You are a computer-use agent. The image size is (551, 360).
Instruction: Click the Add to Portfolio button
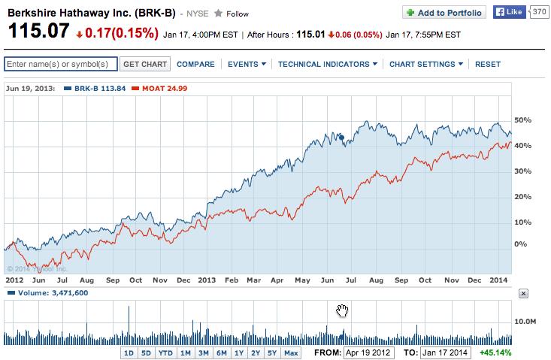pyautogui.click(x=444, y=13)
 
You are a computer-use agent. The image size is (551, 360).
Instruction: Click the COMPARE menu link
pyautogui.click(x=195, y=65)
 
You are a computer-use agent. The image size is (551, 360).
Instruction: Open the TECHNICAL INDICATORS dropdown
pyautogui.click(x=327, y=65)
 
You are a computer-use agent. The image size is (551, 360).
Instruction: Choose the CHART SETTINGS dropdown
pyautogui.click(x=426, y=65)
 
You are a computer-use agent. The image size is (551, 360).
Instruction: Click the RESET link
pyautogui.click(x=488, y=65)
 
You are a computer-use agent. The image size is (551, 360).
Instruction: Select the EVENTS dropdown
pyautogui.click(x=246, y=65)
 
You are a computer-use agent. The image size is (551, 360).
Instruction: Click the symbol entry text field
pyautogui.click(x=60, y=65)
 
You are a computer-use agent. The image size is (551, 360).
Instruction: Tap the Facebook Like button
pyautogui.click(x=509, y=13)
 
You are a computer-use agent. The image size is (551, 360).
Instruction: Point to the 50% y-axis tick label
pyautogui.click(x=522, y=120)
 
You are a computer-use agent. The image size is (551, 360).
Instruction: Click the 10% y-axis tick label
pyautogui.click(x=522, y=222)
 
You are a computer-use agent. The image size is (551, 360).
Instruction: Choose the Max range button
pyautogui.click(x=291, y=352)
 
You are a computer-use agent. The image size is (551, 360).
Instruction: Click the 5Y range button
pyautogui.click(x=272, y=352)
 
